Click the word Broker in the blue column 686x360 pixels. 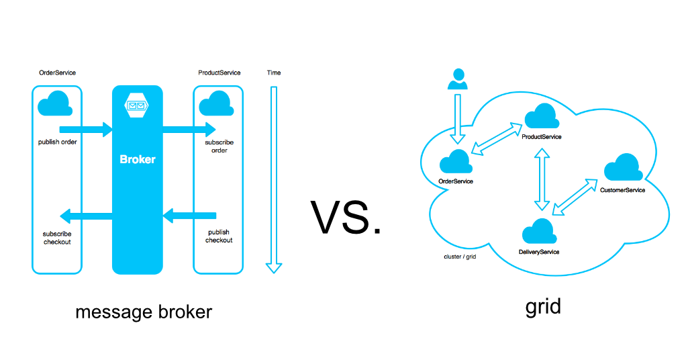coord(138,160)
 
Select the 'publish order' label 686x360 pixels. coord(57,142)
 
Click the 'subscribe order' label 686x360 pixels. coord(219,146)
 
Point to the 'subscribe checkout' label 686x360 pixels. coord(57,238)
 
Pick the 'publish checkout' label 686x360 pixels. coord(219,236)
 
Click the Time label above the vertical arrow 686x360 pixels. coord(273,73)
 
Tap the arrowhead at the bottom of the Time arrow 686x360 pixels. coord(273,267)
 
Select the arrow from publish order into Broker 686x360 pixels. coord(86,129)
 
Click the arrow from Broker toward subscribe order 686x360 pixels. coord(189,129)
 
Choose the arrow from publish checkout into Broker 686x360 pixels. coord(190,216)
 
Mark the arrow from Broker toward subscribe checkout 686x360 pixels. coord(86,216)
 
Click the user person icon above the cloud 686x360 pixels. coord(458,79)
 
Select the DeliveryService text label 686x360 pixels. coord(539,252)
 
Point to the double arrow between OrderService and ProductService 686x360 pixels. coord(497,138)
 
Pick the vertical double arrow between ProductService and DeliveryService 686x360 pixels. coord(542,180)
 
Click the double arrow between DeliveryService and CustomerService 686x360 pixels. coord(575,197)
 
